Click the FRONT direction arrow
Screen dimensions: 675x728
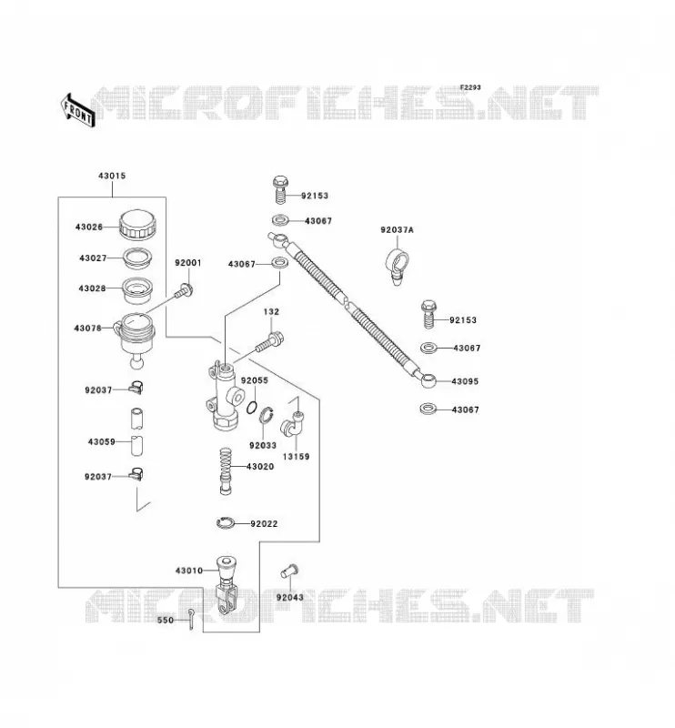[x=78, y=110]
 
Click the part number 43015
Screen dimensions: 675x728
[x=112, y=176]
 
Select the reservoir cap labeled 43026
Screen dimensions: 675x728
[x=137, y=225]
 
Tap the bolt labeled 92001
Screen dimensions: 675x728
[x=185, y=291]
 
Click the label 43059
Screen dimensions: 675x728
[x=102, y=442]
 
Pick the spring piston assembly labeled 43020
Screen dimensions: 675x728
[x=226, y=471]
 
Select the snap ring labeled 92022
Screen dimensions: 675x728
[x=227, y=523]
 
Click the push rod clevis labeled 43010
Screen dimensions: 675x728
[x=227, y=585]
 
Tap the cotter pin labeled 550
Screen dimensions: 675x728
[x=191, y=621]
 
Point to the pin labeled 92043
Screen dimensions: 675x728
[x=289, y=571]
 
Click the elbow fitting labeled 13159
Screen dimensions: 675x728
[x=292, y=422]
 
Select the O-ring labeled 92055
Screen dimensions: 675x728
[x=252, y=407]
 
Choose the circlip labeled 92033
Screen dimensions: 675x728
[x=266, y=415]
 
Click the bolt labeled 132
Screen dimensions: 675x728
[x=268, y=343]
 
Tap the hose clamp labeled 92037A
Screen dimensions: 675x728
[x=397, y=266]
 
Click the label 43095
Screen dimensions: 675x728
[x=465, y=381]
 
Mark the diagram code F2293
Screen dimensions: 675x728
[x=470, y=87]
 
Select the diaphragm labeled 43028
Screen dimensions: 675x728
[x=137, y=290]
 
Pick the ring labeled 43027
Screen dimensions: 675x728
[x=137, y=258]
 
